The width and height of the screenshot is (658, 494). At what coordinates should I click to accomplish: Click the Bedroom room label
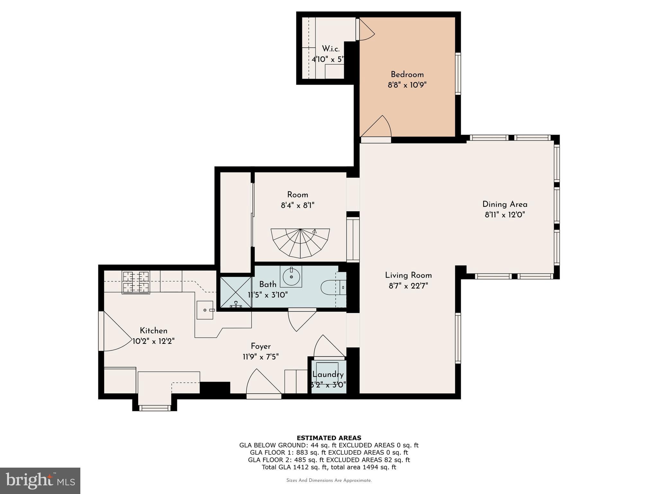tap(407, 75)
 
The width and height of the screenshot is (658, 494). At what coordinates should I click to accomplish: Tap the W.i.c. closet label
tap(331, 49)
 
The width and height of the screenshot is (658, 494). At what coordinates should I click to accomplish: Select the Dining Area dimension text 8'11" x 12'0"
tap(504, 215)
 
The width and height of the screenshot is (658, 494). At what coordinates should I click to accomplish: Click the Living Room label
tap(408, 275)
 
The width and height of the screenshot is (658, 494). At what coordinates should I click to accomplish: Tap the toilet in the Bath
tap(331, 287)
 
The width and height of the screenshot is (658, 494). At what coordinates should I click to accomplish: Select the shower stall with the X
tap(236, 292)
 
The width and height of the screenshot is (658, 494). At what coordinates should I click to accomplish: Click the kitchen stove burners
tap(136, 282)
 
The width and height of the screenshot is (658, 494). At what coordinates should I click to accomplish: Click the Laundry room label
tap(328, 374)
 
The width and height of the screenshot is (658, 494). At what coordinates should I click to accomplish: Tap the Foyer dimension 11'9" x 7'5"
tap(261, 357)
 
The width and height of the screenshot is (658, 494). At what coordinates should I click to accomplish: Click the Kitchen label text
tap(153, 331)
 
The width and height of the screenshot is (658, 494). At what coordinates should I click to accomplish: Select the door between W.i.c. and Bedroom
tap(365, 30)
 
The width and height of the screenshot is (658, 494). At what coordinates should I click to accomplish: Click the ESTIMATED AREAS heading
tap(329, 438)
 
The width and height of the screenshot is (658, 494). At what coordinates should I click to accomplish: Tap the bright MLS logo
tap(40, 480)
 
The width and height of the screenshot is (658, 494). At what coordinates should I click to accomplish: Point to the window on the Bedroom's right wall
tap(458, 74)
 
